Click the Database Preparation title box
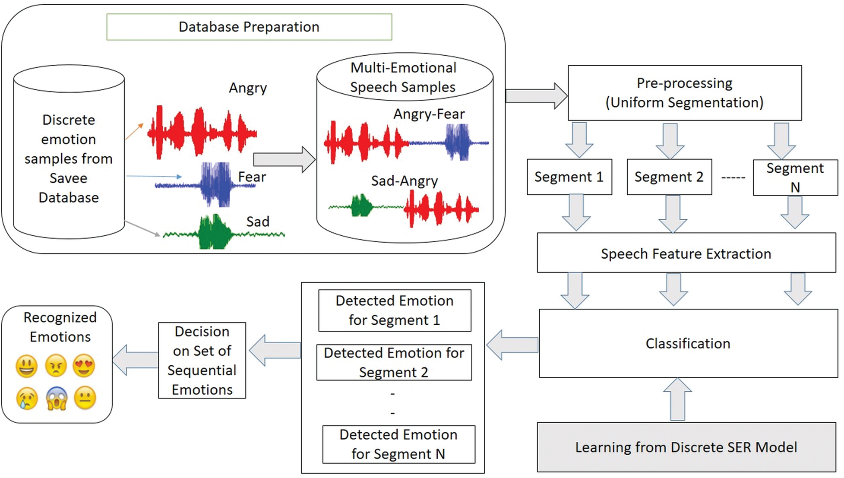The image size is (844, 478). (249, 27)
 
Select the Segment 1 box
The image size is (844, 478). (569, 177)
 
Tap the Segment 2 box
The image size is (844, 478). (669, 177)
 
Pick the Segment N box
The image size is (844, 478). (795, 177)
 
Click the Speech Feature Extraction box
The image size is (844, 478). (686, 253)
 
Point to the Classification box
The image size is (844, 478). (688, 343)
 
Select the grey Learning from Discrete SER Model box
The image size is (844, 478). (686, 447)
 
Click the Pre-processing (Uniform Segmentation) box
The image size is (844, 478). (684, 93)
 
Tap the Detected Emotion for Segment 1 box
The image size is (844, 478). (394, 310)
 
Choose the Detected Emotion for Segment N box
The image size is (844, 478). (398, 444)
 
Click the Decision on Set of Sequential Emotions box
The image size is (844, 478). (202, 360)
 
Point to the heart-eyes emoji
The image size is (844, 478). (84, 365)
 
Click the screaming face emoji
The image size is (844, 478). (57, 398)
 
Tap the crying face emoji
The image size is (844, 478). (27, 398)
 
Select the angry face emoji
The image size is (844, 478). (56, 366)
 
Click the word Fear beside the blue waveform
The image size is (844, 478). (252, 177)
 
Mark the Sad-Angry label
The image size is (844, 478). (404, 180)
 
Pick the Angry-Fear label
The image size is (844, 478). (429, 114)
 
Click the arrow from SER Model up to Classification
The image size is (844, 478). (677, 399)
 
